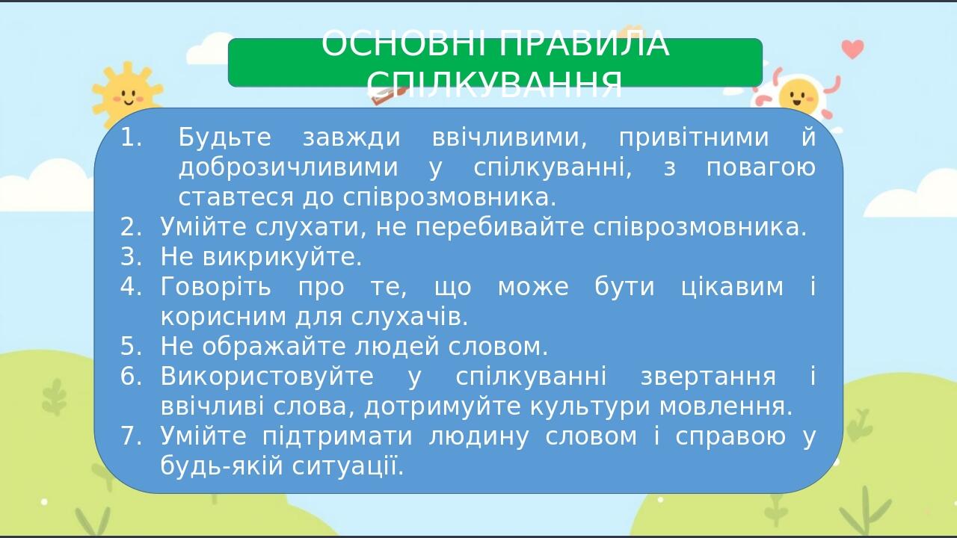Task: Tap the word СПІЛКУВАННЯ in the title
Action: (494, 84)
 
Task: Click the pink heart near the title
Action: (853, 49)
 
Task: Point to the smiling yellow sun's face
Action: (127, 96)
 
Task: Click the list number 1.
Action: (131, 137)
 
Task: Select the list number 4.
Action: (131, 286)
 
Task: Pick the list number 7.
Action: (131, 436)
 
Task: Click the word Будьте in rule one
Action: (224, 137)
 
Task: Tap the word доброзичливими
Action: (288, 168)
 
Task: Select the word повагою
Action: (761, 168)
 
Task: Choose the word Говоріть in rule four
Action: (215, 287)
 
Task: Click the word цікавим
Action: (732, 287)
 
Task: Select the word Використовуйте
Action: (267, 377)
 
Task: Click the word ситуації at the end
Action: (348, 466)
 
